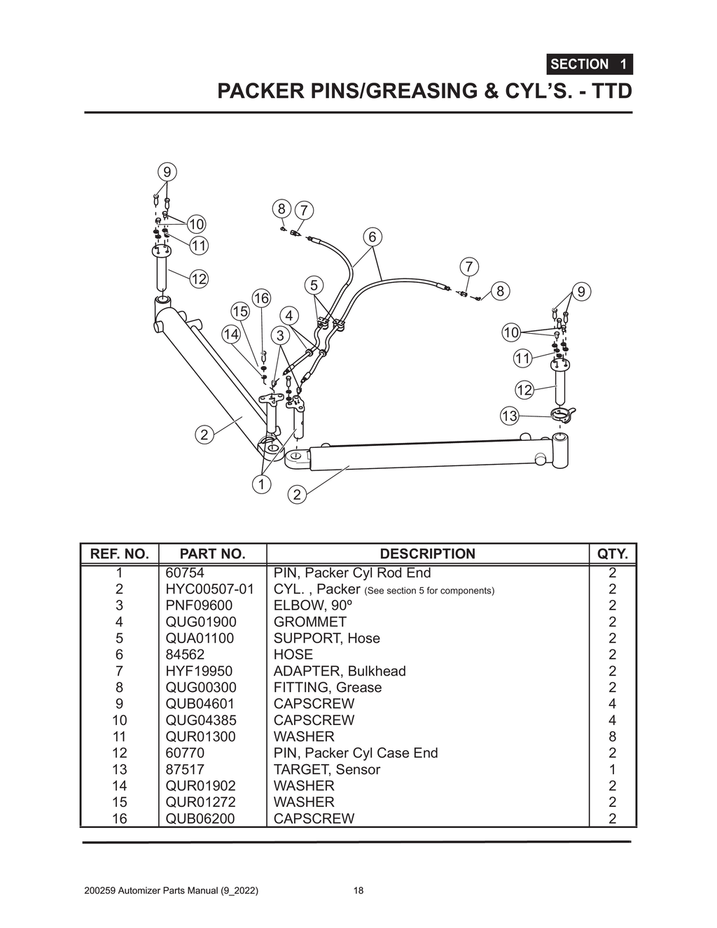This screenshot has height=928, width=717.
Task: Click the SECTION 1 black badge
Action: click(589, 64)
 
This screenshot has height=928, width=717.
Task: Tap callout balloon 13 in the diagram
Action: click(509, 416)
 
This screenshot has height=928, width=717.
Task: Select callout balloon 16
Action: click(261, 299)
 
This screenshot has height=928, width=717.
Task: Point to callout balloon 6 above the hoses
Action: click(372, 237)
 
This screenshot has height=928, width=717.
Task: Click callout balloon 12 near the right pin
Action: click(524, 390)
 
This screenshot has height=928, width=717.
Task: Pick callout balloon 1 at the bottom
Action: click(261, 484)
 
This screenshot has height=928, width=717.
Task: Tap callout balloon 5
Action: click(314, 285)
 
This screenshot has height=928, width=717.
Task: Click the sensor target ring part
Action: click(562, 416)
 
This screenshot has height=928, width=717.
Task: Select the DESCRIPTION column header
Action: click(427, 554)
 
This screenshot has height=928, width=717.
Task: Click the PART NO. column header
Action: click(212, 554)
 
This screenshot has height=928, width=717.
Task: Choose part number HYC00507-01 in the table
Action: click(209, 589)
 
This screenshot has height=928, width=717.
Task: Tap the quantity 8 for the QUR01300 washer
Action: click(612, 736)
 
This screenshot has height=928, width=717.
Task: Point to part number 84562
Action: click(185, 654)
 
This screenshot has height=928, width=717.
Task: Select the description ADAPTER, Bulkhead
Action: click(339, 671)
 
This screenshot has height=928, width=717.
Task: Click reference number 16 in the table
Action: click(120, 818)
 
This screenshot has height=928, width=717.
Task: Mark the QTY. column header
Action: click(612, 554)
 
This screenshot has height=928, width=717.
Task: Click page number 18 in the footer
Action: click(358, 891)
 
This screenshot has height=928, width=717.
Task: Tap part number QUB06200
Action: click(200, 818)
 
